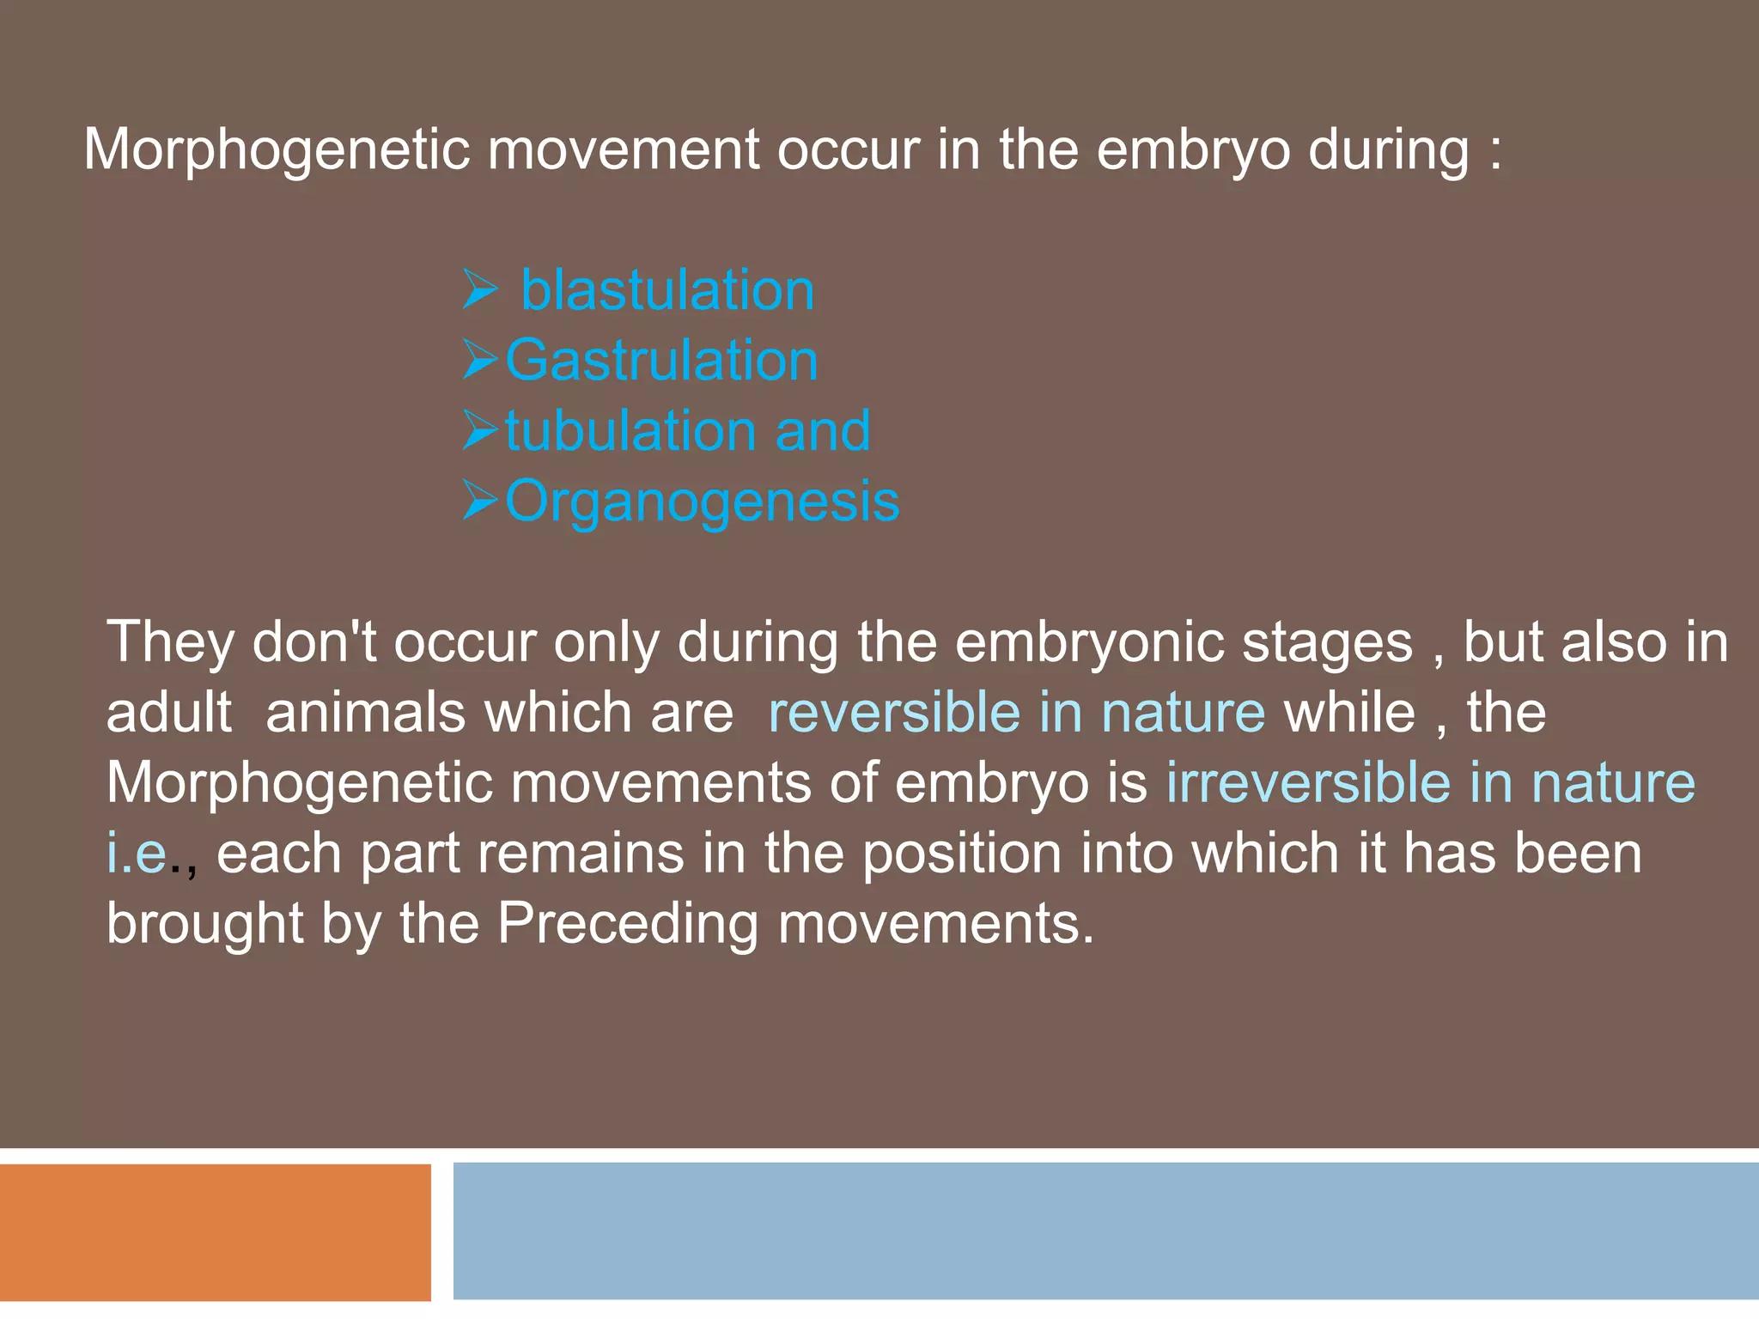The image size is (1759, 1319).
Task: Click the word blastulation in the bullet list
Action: click(667, 290)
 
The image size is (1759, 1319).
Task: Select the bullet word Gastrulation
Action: click(661, 360)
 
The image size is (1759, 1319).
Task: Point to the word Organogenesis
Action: click(702, 501)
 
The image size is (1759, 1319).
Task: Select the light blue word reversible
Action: click(893, 712)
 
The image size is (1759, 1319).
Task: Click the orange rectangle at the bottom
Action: click(215, 1231)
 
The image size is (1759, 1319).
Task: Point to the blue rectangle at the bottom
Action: click(1105, 1231)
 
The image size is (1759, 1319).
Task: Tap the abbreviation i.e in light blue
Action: click(137, 853)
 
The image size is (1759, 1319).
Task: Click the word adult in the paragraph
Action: click(168, 712)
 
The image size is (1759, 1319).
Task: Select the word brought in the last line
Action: click(204, 925)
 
